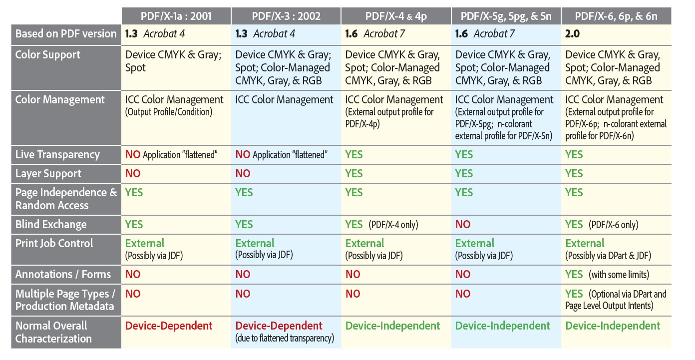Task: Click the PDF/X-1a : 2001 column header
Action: tap(176, 16)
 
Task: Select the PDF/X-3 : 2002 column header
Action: tap(286, 16)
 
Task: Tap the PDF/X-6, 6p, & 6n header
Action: tap(616, 16)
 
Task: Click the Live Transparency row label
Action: tap(57, 155)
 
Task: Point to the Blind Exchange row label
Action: tap(51, 225)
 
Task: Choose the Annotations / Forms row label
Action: tap(63, 275)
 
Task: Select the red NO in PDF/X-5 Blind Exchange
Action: tap(463, 225)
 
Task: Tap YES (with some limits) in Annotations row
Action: tap(607, 275)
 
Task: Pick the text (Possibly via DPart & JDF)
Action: tap(609, 256)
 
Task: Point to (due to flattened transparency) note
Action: tap(285, 339)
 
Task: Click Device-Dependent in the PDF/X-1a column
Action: tap(169, 326)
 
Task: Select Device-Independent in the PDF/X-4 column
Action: tap(393, 326)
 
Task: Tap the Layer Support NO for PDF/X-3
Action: tap(243, 174)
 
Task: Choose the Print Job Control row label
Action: tap(54, 244)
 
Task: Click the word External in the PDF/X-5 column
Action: tap(475, 244)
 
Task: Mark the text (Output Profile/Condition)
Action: tap(169, 112)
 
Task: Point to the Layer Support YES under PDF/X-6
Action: tap(574, 174)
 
